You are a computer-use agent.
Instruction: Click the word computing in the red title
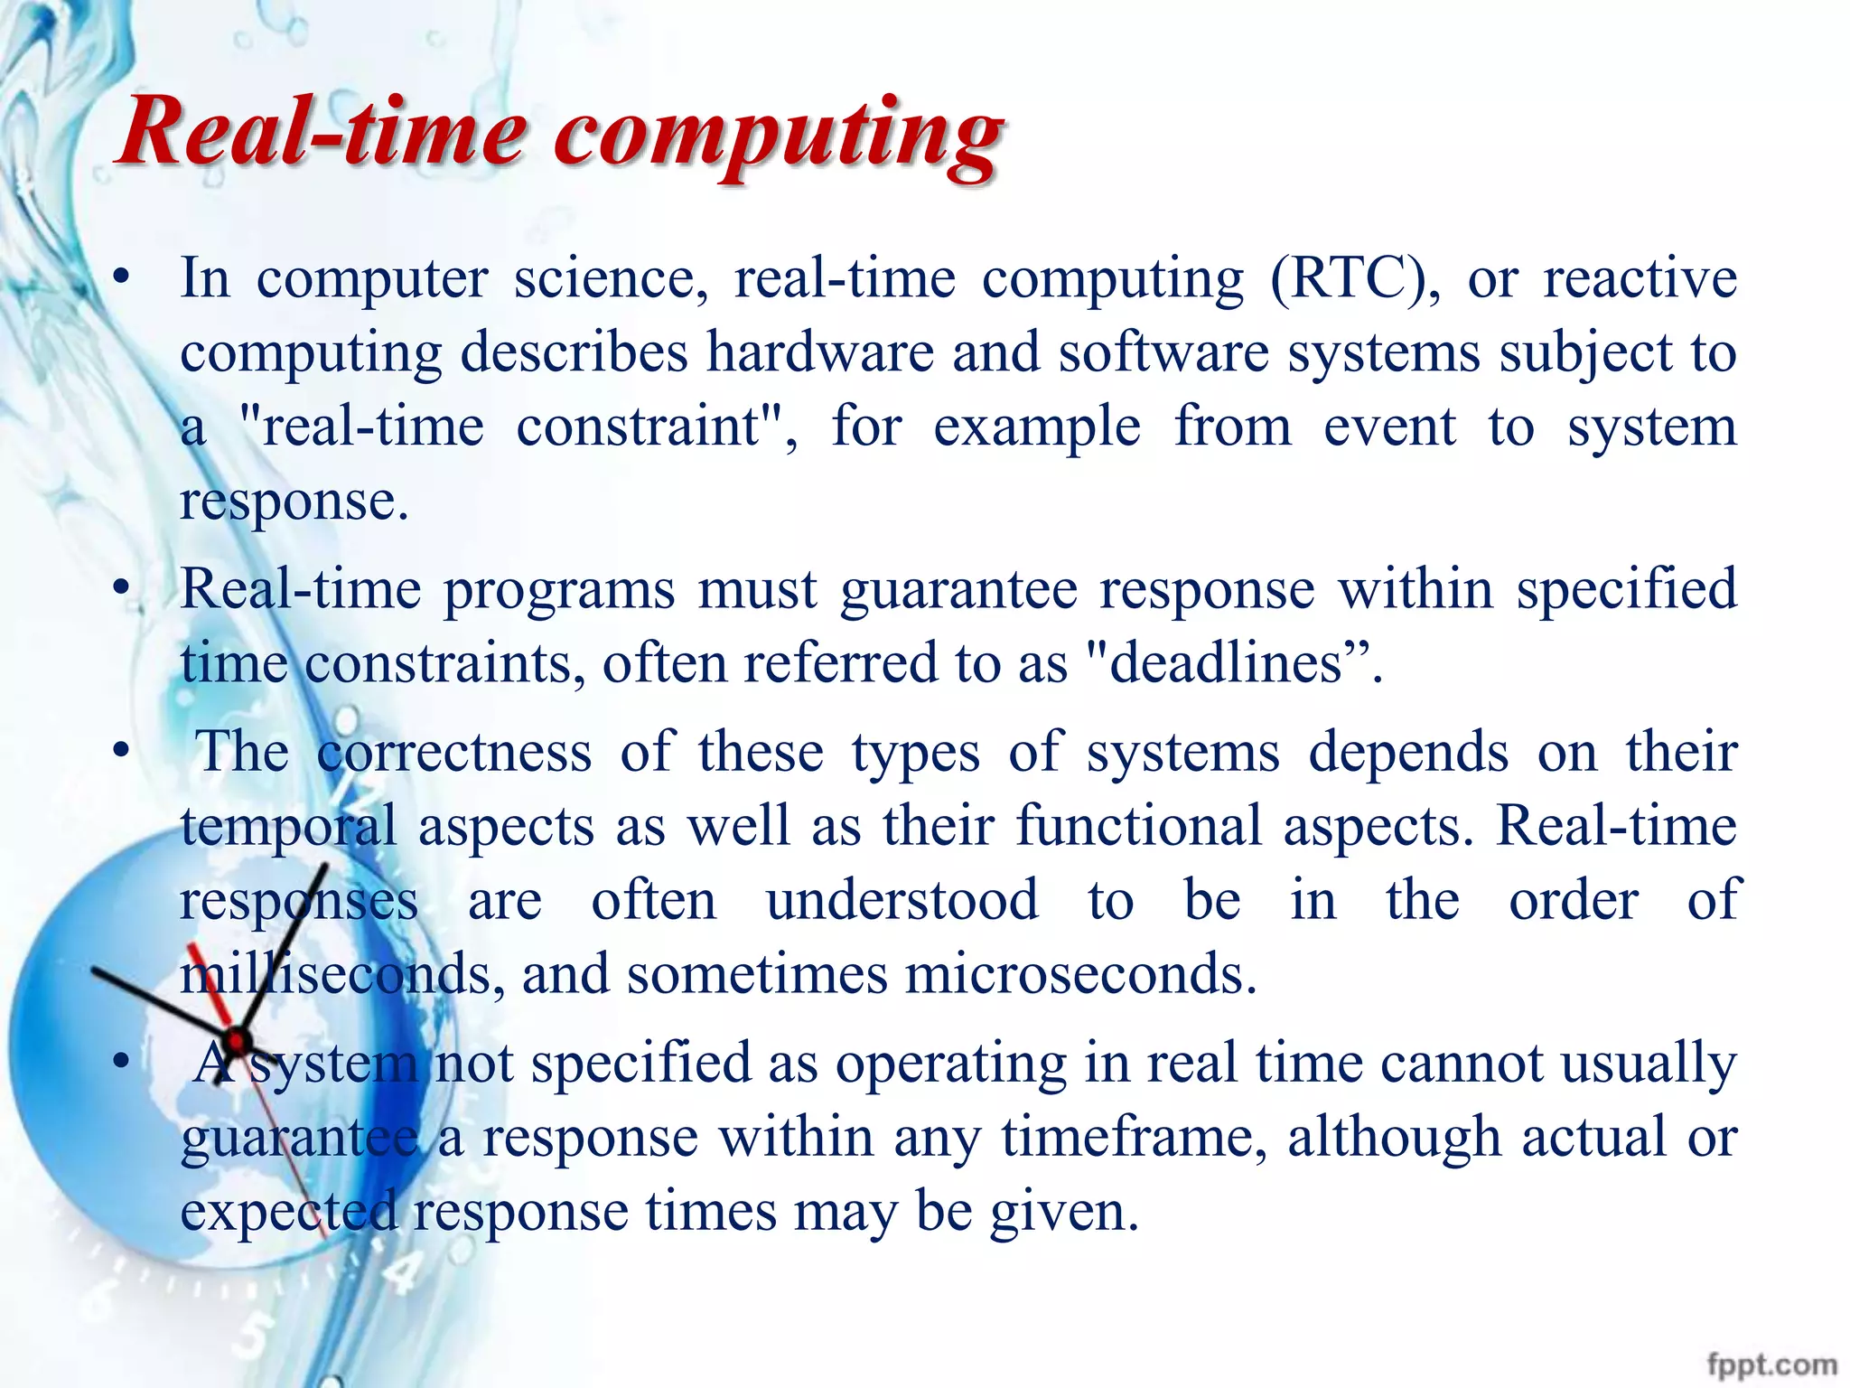click(x=779, y=136)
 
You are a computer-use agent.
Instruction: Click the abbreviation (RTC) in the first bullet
click(x=1355, y=278)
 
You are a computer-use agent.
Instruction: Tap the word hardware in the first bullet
click(x=819, y=352)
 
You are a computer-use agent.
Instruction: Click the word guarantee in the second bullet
click(x=958, y=590)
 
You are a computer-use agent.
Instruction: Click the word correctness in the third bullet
click(x=454, y=752)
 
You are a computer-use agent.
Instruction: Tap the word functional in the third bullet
click(x=1138, y=826)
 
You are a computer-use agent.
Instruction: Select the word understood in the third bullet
click(x=902, y=901)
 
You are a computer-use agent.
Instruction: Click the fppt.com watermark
click(x=1771, y=1364)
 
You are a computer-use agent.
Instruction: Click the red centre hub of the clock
click(x=238, y=1041)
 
